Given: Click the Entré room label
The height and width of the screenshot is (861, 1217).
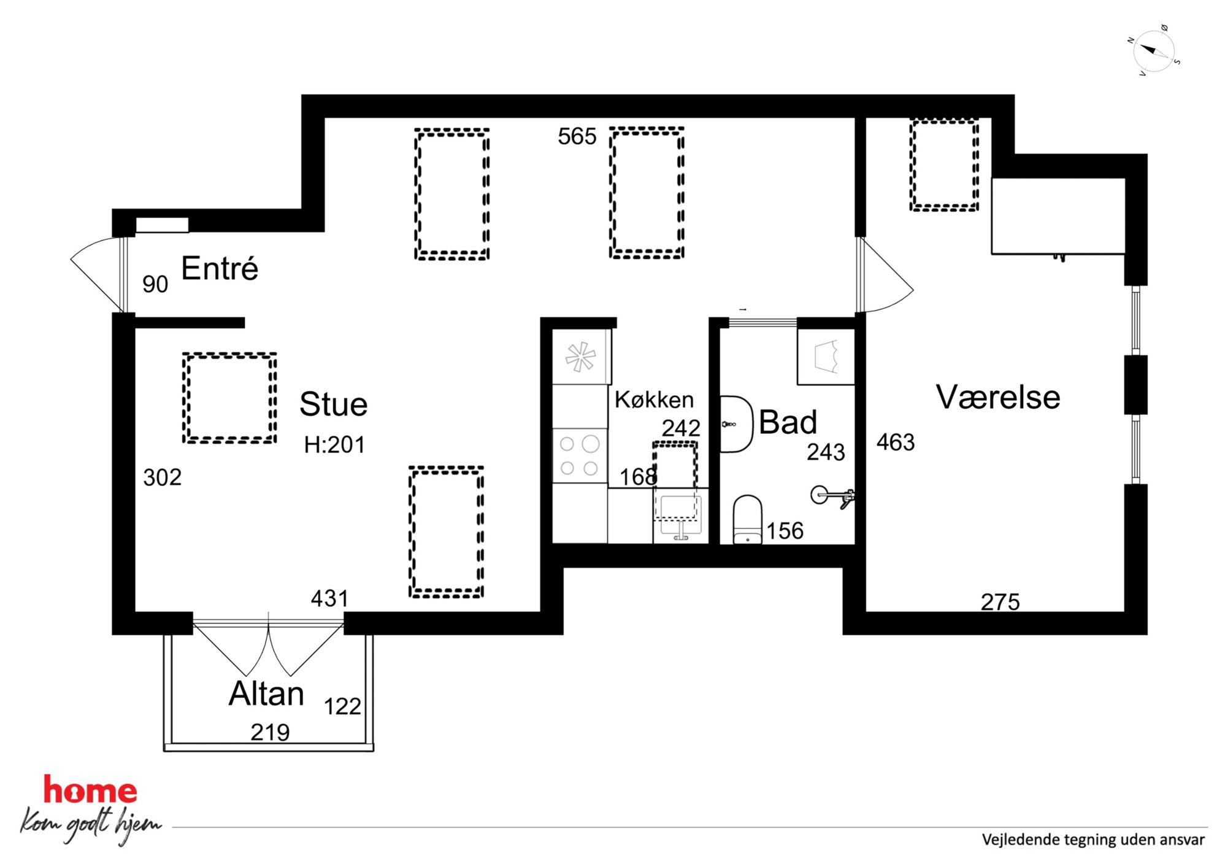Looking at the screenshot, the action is [220, 269].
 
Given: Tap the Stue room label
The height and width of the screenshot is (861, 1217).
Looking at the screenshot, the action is [333, 404].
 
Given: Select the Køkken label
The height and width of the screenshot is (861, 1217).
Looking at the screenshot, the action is [654, 400].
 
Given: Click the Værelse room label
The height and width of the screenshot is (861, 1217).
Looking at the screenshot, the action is [998, 397].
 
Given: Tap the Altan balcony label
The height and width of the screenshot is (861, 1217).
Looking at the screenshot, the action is [266, 693].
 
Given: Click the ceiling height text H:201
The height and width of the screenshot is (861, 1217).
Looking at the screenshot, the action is [334, 444].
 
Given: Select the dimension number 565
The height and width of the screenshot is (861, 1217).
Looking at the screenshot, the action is [577, 136].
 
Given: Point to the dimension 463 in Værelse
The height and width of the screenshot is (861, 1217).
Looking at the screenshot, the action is [895, 442].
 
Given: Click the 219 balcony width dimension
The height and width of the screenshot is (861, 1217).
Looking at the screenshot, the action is [270, 732].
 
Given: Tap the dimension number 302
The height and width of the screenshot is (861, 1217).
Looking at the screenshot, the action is [162, 477].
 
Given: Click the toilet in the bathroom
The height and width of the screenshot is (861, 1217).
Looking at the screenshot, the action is [748, 519].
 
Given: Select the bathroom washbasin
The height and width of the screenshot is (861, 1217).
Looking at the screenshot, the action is [735, 424].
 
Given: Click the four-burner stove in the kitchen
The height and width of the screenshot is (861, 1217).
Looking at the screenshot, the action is [580, 455].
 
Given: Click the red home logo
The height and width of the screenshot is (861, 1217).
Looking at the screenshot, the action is [90, 790].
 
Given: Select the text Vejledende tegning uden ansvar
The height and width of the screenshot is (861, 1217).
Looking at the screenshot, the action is [1092, 840].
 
